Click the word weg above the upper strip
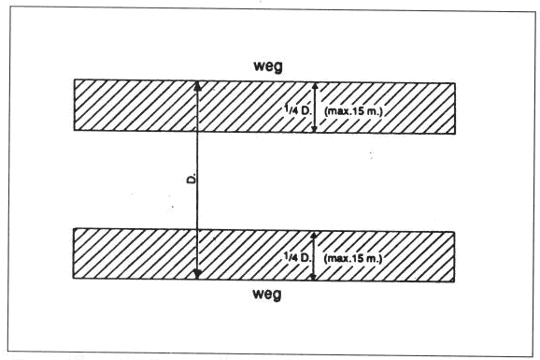tap(268, 65)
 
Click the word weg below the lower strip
tap(267, 295)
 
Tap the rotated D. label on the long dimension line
tap(192, 179)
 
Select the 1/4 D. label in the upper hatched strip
tap(298, 110)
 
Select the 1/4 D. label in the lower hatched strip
tap(297, 256)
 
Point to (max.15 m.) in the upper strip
tap(353, 111)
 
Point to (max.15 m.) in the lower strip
tap(353, 258)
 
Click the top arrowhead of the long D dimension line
tap(197, 86)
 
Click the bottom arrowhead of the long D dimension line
tap(197, 274)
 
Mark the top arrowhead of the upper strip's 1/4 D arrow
tap(315, 86)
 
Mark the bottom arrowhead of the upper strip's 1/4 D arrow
tap(314, 129)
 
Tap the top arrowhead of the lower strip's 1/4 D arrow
tap(313, 235)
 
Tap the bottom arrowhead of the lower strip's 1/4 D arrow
tap(313, 277)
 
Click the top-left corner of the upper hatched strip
tap(75, 80)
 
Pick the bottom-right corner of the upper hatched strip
tap(455, 134)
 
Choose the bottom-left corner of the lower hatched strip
tap(74, 278)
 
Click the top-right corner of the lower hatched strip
tap(454, 232)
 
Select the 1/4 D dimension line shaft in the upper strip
tap(315, 108)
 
